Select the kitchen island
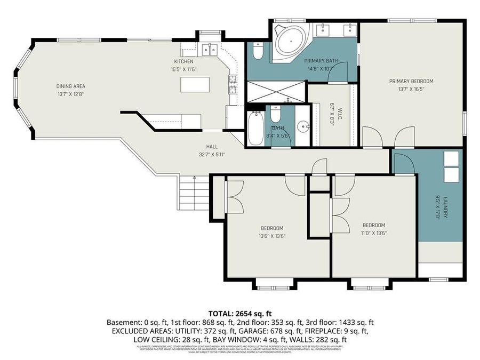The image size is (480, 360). tap(194, 85)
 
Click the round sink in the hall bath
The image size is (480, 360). tap(302, 127)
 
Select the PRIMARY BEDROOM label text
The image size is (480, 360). tap(411, 81)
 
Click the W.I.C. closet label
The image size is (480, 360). tap(331, 114)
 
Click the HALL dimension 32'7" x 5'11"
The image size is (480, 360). tap(212, 155)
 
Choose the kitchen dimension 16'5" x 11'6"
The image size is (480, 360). tap(184, 69)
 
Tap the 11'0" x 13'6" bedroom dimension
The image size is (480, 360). tap(373, 233)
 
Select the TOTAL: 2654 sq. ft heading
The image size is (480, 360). tap(239, 314)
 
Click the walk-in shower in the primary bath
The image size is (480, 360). tap(276, 91)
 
